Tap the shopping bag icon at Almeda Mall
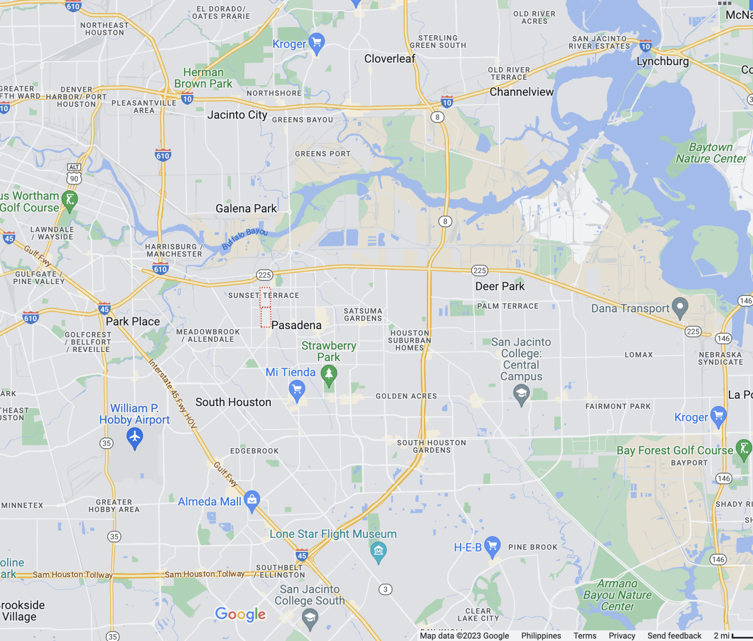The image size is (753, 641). point(252,499)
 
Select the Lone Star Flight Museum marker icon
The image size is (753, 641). point(378,550)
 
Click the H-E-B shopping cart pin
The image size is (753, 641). point(492,545)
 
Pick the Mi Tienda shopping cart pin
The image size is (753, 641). point(297,390)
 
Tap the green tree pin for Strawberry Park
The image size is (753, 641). point(328,374)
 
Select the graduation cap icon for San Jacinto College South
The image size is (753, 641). point(310,618)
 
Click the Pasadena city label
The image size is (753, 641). point(296,326)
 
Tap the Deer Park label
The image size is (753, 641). point(500,287)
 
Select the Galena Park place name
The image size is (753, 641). point(246,209)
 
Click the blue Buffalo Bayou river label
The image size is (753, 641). point(245,238)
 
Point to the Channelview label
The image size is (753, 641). point(522,92)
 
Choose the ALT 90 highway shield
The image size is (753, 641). point(74,174)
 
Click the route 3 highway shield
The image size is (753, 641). point(385,589)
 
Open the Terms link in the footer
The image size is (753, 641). point(584,636)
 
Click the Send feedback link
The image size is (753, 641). point(674,636)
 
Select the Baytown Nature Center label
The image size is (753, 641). point(710,153)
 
